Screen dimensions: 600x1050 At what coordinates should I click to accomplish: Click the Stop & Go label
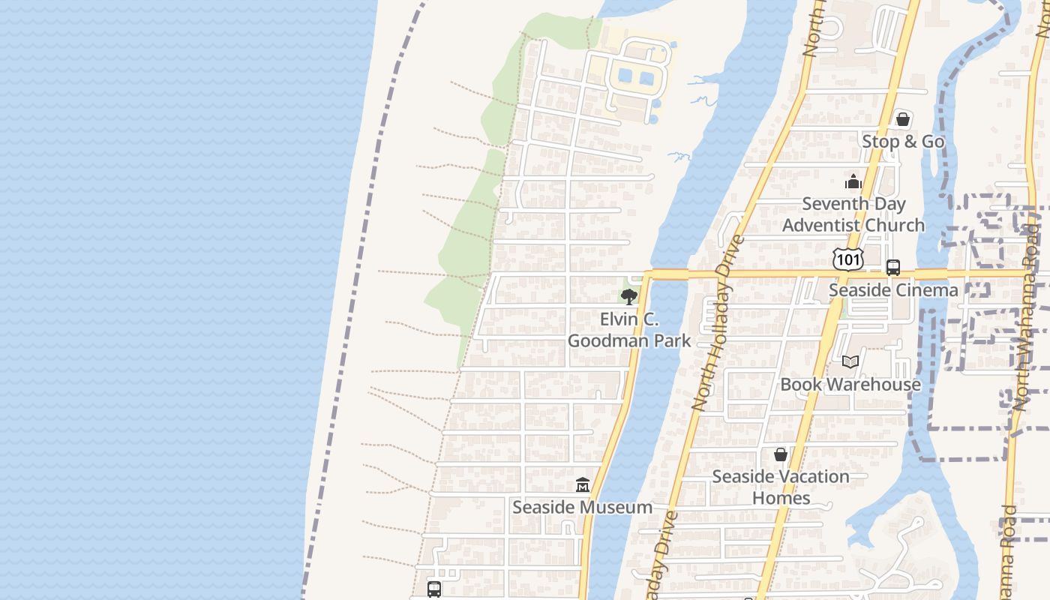(x=903, y=142)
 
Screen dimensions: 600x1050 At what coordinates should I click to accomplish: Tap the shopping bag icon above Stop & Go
(x=903, y=119)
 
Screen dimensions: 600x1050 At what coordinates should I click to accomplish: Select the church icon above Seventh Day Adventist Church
(x=853, y=181)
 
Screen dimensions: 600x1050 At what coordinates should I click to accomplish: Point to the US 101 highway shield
(x=848, y=259)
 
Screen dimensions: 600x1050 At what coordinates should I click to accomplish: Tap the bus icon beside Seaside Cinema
(x=892, y=268)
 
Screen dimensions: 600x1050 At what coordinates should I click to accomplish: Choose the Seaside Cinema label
(x=893, y=290)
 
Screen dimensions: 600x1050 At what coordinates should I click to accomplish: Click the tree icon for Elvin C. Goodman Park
(x=629, y=297)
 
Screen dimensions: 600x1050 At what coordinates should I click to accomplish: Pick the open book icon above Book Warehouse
(x=850, y=362)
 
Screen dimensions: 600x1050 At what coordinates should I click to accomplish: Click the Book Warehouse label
(x=850, y=385)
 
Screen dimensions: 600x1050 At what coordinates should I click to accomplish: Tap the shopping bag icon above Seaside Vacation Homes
(x=781, y=454)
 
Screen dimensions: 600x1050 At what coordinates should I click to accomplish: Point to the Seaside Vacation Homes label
(x=781, y=487)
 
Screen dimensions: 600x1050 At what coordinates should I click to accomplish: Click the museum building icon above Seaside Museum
(x=583, y=485)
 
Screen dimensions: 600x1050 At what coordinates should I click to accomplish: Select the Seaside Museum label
(x=582, y=508)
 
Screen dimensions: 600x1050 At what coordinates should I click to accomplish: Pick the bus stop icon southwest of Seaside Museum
(x=434, y=589)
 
